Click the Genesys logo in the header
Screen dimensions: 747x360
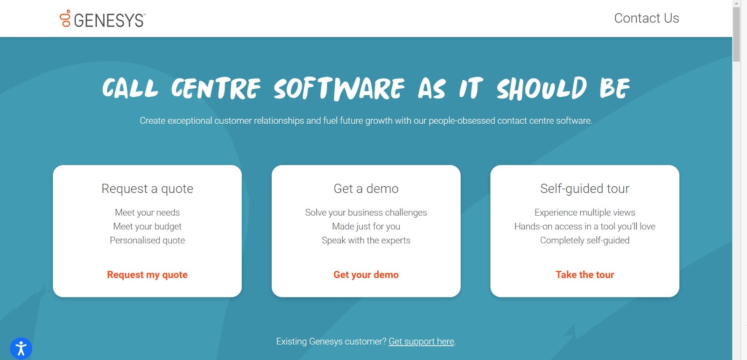point(102,19)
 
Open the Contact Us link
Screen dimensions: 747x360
point(646,18)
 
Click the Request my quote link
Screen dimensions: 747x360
point(147,275)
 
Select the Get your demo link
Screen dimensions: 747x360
point(366,275)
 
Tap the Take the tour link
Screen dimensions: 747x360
point(585,275)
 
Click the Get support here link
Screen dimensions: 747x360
point(421,341)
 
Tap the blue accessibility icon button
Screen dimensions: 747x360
point(21,348)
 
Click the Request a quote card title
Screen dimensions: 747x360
point(147,189)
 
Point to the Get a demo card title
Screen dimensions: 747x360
point(366,189)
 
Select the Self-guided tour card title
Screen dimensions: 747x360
point(585,189)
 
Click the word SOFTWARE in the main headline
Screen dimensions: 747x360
point(339,88)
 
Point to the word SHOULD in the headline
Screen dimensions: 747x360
point(542,88)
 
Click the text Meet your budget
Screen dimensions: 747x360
point(147,226)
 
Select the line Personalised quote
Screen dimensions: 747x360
point(147,240)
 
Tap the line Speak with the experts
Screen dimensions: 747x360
point(366,240)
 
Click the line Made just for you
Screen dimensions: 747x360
point(366,226)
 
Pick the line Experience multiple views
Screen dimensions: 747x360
point(585,212)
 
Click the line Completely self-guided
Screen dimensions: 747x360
point(585,240)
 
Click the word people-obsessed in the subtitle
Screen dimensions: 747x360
point(462,121)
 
